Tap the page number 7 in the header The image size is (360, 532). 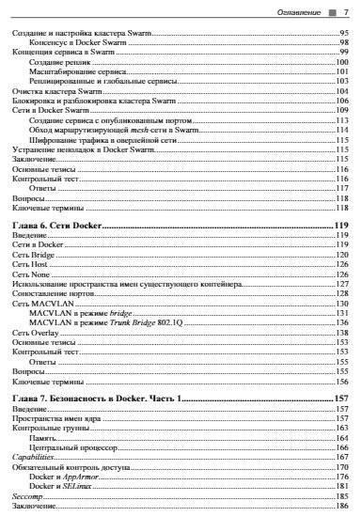coord(345,12)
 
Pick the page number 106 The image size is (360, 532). coord(343,100)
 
